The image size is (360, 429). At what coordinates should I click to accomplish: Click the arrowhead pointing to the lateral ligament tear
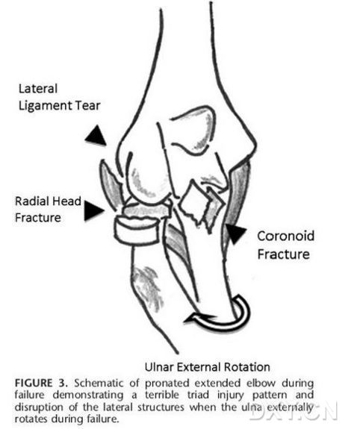tap(96, 137)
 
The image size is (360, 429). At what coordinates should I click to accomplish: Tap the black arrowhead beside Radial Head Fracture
tap(93, 210)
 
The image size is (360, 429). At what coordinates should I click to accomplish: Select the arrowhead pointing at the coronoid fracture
tap(235, 234)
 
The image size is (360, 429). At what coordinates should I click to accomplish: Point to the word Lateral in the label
tap(38, 89)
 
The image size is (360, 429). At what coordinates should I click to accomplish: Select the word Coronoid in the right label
tap(285, 236)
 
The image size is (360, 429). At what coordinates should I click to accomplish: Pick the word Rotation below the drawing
tap(247, 367)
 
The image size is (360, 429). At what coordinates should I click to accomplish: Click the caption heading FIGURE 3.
tap(41, 383)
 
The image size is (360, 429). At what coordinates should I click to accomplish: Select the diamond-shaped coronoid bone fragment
tap(195, 202)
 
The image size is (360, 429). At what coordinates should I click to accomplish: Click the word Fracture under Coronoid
tap(284, 254)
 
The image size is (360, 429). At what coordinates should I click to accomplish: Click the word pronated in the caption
tap(167, 383)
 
